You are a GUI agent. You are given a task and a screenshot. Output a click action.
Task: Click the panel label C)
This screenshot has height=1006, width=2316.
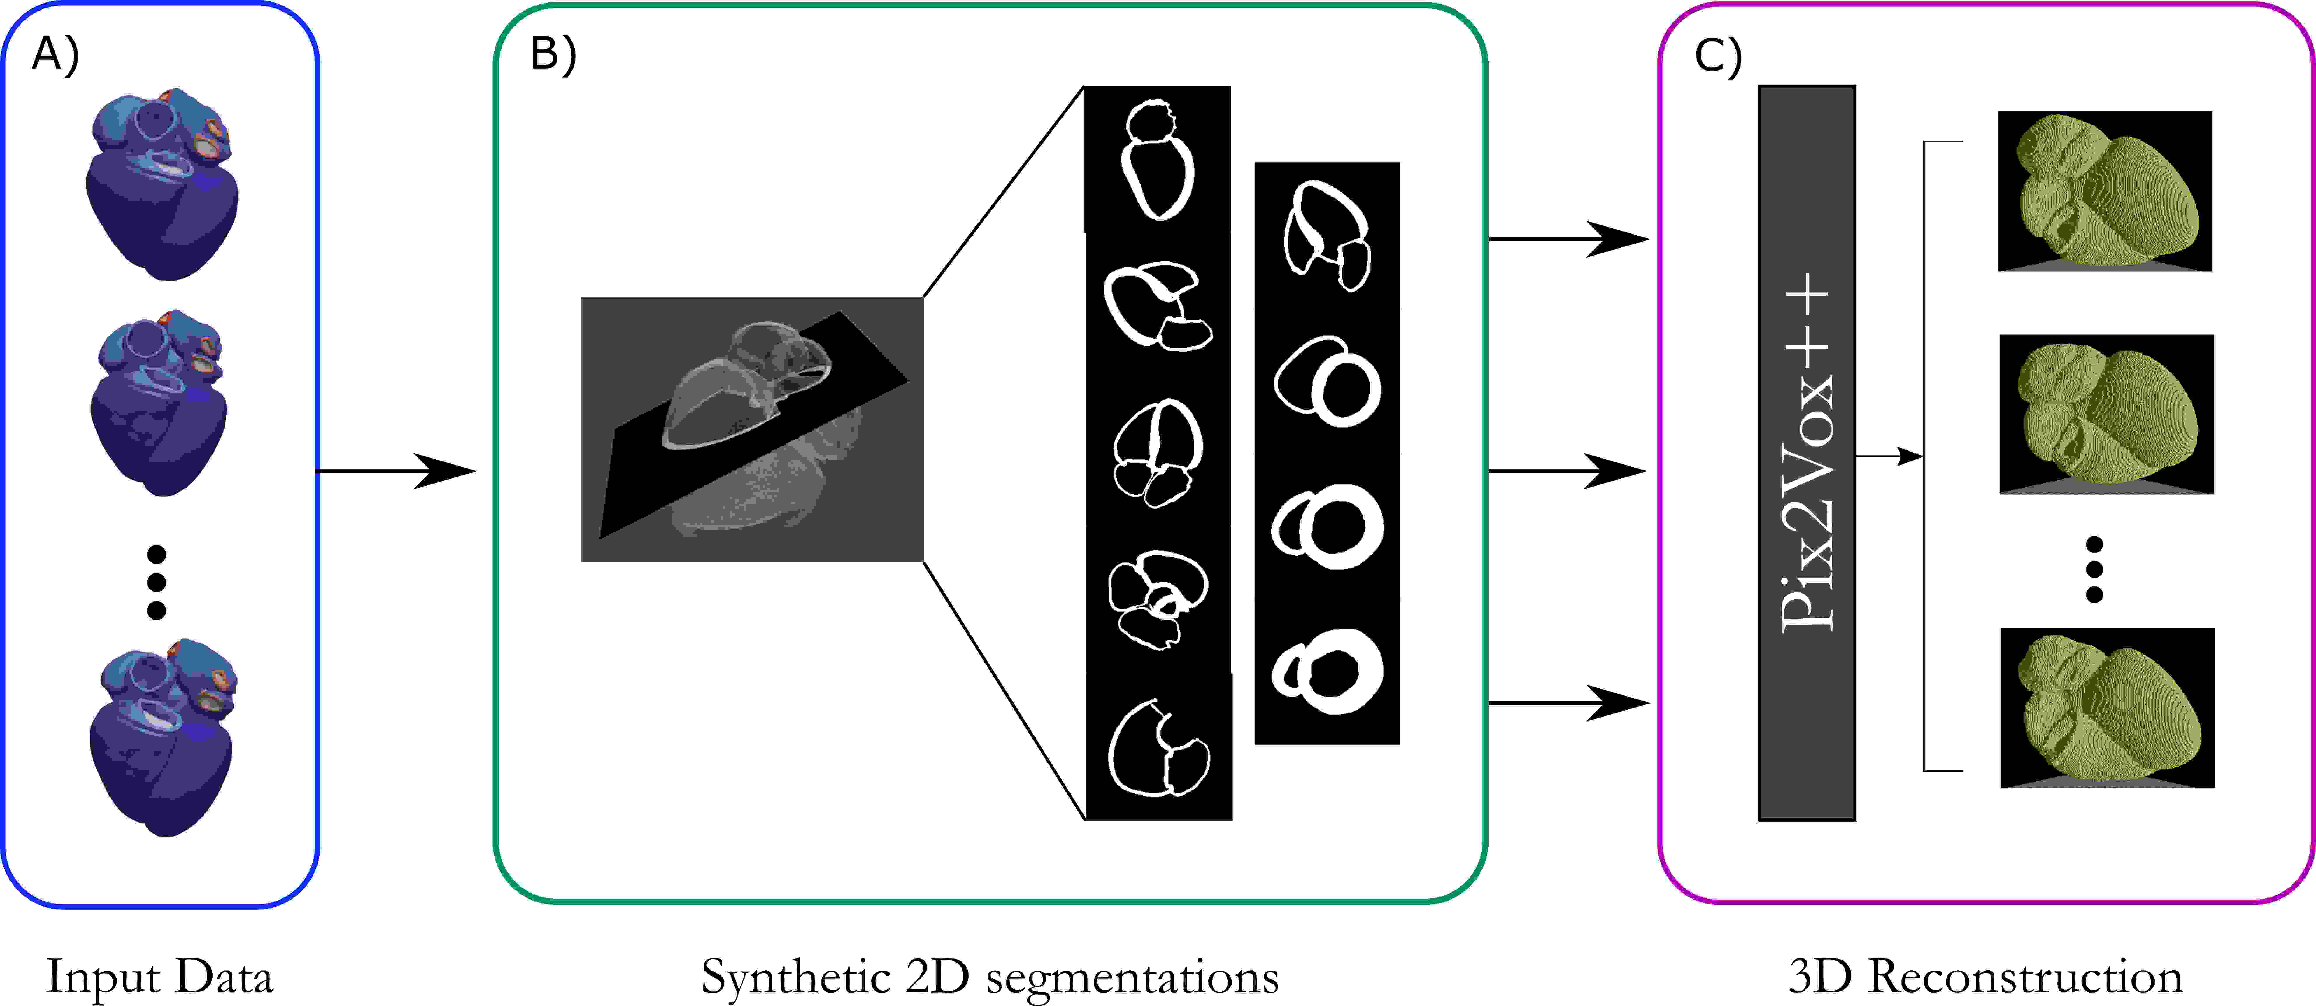(1717, 56)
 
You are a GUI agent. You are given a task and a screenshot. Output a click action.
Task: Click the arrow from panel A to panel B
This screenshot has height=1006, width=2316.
(396, 470)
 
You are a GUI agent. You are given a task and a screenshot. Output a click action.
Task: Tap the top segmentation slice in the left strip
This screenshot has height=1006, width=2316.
(1157, 160)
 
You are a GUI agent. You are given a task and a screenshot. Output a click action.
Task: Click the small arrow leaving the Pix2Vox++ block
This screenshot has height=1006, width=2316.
(1888, 457)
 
